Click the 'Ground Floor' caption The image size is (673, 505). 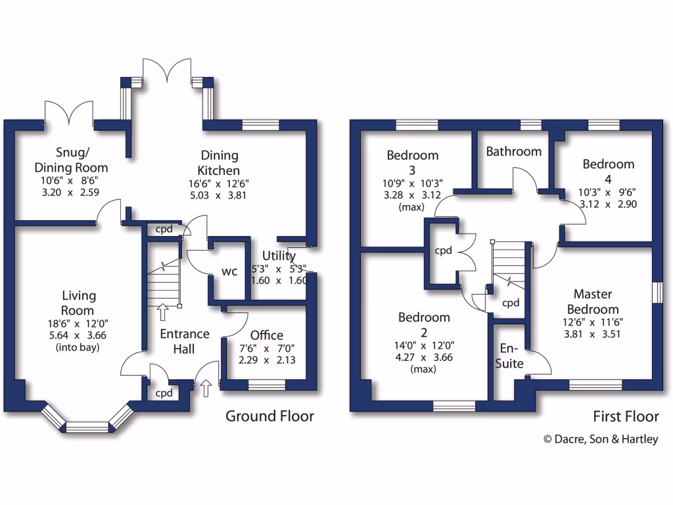point(269,416)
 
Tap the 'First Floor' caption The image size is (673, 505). point(625,416)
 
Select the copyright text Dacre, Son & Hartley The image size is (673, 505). point(599,439)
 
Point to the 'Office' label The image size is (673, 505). point(267,335)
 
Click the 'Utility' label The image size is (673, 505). point(279,255)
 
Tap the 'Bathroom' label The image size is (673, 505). point(513,151)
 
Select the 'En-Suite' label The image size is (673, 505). point(511,356)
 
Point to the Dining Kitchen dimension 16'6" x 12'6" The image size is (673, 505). point(220,183)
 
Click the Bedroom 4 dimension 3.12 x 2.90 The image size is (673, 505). point(607,204)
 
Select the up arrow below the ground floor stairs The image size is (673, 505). point(162,311)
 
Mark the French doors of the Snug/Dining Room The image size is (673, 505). point(68,113)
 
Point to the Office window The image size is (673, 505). point(266,385)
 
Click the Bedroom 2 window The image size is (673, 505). point(453,406)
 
